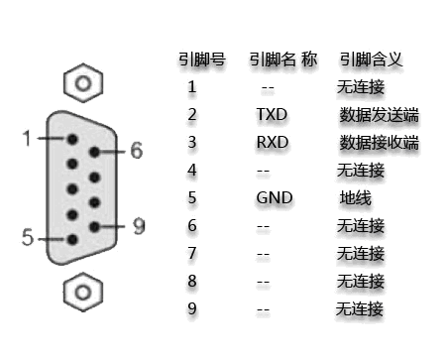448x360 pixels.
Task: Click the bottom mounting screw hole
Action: pyautogui.click(x=84, y=293)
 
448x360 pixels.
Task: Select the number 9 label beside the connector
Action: pyautogui.click(x=138, y=225)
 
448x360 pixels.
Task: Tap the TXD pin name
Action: pyautogui.click(x=271, y=114)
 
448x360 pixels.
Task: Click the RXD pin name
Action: pyautogui.click(x=271, y=142)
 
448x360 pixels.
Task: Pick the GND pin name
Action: pyautogui.click(x=275, y=197)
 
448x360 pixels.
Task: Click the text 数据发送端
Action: pyautogui.click(x=378, y=115)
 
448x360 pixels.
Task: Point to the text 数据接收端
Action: pyautogui.click(x=378, y=143)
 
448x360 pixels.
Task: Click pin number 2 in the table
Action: pyautogui.click(x=192, y=114)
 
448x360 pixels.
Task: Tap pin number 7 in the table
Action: pyautogui.click(x=192, y=253)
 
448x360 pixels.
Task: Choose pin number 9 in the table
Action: pyautogui.click(x=192, y=308)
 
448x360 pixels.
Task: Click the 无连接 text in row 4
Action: pyautogui.click(x=361, y=170)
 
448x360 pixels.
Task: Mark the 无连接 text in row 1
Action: pyautogui.click(x=361, y=87)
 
